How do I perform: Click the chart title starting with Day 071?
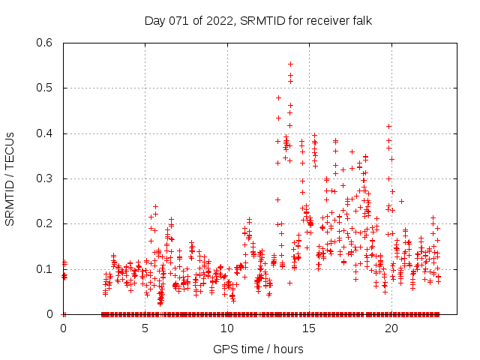point(258,20)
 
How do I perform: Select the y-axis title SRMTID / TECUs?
point(10,178)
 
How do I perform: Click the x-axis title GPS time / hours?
point(258,349)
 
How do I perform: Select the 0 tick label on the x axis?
point(64,328)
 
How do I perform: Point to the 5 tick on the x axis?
point(145,328)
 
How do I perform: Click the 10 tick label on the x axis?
point(227,328)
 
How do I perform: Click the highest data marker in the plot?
point(290,64)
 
